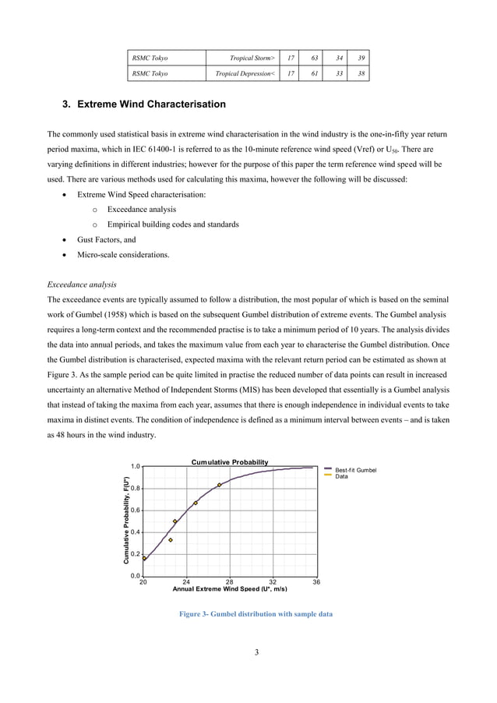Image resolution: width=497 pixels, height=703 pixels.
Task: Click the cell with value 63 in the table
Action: coord(314,58)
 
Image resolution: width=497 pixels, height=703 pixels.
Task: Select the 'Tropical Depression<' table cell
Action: coord(241,74)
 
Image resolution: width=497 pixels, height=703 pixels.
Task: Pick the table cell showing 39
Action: coord(359,58)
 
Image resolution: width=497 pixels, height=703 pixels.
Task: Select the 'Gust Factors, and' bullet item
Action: coord(106,240)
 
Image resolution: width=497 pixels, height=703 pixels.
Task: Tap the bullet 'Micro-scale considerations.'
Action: coord(122,255)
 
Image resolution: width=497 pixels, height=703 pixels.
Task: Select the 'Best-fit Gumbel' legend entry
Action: coord(355,470)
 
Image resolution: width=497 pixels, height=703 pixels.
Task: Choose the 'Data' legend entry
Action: coord(341,476)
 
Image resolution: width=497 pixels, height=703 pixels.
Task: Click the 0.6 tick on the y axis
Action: coord(135,510)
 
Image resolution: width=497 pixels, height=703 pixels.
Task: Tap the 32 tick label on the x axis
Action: coord(273,582)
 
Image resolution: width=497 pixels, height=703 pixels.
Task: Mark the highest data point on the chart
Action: coord(220,485)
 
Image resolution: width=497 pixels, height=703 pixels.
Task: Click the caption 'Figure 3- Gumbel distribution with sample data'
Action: coord(256,614)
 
